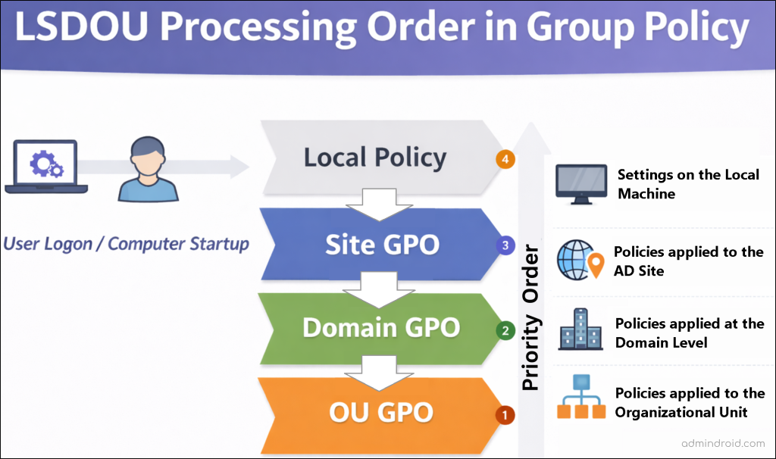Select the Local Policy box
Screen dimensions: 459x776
[x=375, y=158]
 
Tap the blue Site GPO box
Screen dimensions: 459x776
[x=381, y=244]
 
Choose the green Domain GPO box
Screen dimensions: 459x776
[x=380, y=327]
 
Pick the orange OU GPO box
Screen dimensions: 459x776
[x=380, y=412]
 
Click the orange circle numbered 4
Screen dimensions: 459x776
[x=505, y=160]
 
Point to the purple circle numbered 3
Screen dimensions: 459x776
[x=505, y=245]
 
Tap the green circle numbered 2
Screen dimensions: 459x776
[x=505, y=330]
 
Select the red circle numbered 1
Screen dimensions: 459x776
[x=505, y=415]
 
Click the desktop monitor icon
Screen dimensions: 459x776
[x=582, y=184]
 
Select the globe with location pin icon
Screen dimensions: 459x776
[x=580, y=261]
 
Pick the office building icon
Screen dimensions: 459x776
[x=580, y=330]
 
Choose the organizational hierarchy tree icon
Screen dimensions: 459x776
[x=580, y=398]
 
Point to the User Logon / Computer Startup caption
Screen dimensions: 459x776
[x=126, y=244]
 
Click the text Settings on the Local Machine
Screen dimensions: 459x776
[x=687, y=184]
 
